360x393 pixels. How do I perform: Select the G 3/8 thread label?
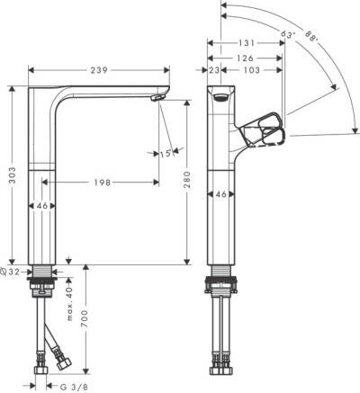point(73,386)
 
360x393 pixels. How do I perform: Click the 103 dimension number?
point(253,69)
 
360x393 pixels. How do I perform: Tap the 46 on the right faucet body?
point(221,193)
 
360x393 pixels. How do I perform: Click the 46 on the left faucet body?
point(42,207)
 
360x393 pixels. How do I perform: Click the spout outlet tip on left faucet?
point(159,98)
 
